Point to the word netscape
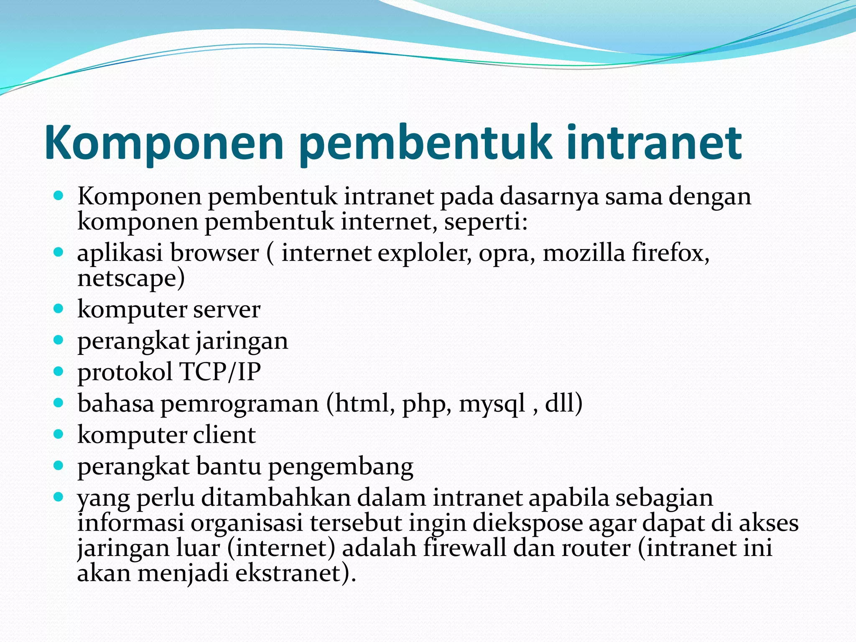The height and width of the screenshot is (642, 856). [x=130, y=278]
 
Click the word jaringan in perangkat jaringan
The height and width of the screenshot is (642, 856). [x=242, y=341]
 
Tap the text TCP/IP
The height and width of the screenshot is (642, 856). [x=220, y=372]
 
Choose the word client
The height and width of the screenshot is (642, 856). [x=224, y=435]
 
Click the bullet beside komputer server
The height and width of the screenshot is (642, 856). [x=59, y=309]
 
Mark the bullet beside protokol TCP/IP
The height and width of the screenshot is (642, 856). [x=59, y=371]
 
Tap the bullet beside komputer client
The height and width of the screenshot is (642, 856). [x=59, y=434]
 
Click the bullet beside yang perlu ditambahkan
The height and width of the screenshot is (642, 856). [x=59, y=497]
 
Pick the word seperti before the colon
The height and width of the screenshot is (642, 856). [x=483, y=222]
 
